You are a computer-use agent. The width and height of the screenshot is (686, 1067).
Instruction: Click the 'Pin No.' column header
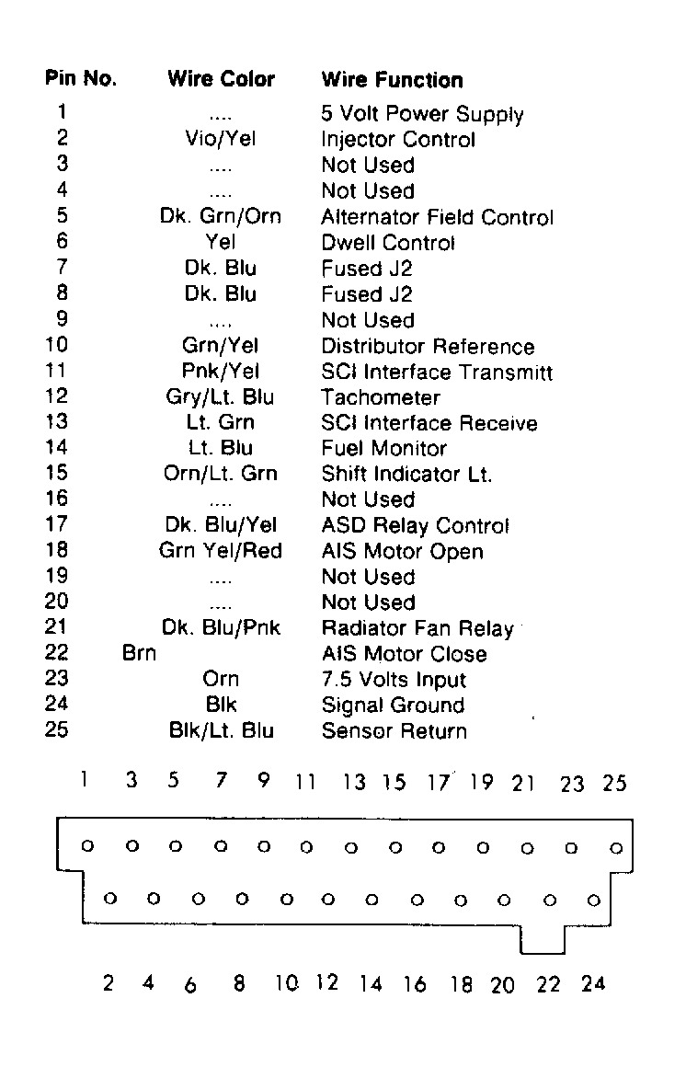click(x=81, y=79)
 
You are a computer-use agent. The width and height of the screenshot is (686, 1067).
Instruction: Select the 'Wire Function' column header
click(x=392, y=80)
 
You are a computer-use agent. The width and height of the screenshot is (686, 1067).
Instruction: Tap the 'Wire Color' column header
click(x=221, y=79)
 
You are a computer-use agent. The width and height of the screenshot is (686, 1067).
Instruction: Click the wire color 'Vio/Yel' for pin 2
click(x=221, y=140)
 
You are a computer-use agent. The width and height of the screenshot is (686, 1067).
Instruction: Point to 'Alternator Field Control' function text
click(x=437, y=218)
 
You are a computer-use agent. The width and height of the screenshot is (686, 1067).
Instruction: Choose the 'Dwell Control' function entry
click(x=388, y=244)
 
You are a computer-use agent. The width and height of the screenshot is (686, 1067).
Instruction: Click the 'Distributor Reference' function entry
click(x=428, y=347)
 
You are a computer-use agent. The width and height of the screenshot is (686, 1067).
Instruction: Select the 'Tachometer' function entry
click(x=381, y=398)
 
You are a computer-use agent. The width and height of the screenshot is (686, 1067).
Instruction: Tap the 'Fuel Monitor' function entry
click(x=383, y=450)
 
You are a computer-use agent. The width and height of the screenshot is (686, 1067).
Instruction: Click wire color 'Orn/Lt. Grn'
click(x=221, y=475)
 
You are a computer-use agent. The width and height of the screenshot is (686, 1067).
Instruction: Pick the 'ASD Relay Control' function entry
click(x=415, y=526)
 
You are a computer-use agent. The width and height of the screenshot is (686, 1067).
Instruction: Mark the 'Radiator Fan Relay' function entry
click(x=417, y=629)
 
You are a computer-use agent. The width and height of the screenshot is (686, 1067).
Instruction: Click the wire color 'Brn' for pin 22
click(x=139, y=655)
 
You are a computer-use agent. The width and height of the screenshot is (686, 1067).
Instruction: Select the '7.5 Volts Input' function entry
click(x=394, y=681)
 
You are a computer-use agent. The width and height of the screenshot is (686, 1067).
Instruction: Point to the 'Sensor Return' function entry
click(x=394, y=732)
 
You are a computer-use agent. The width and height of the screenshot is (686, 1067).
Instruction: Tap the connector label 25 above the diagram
click(x=614, y=784)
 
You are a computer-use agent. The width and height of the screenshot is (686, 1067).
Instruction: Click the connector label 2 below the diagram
click(x=109, y=983)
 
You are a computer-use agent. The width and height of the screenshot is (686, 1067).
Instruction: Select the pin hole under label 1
click(x=87, y=845)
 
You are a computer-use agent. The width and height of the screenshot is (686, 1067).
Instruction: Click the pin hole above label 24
click(x=594, y=900)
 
